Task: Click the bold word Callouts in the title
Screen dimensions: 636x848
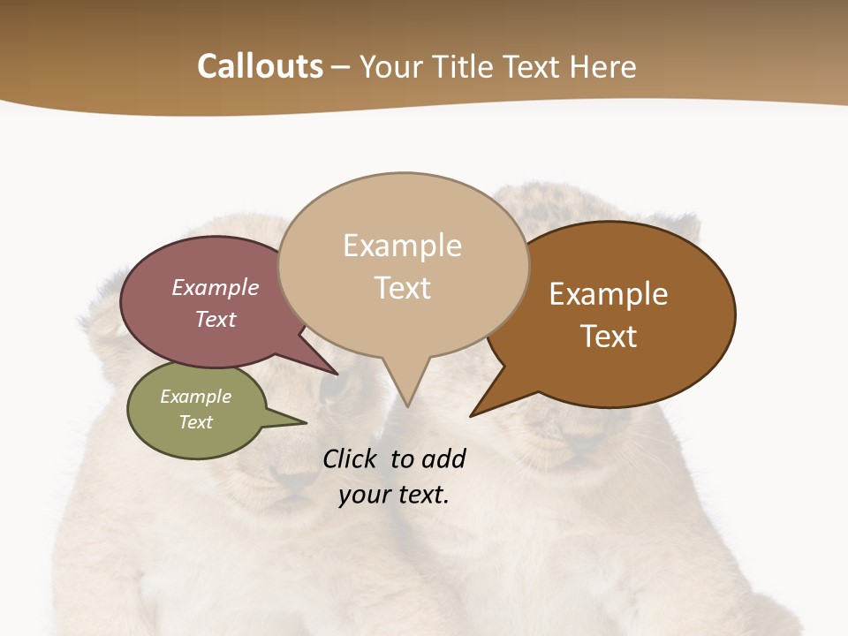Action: tap(260, 66)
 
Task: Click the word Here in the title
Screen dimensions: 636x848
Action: tap(602, 66)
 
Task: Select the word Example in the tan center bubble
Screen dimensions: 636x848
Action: tap(402, 246)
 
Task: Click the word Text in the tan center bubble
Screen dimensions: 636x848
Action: tap(402, 288)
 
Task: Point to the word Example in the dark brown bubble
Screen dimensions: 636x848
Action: tap(609, 294)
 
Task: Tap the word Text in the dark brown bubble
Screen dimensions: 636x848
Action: tap(609, 337)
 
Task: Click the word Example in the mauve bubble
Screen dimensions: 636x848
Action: tap(215, 288)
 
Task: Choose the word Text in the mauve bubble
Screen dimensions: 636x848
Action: tap(215, 320)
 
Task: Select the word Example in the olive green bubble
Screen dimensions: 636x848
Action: tap(195, 397)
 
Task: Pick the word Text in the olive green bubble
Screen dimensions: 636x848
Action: tap(195, 422)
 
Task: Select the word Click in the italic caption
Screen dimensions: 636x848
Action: tap(351, 458)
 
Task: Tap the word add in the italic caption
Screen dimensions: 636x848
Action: tap(443, 458)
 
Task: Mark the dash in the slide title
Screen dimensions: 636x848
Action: tap(341, 67)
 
